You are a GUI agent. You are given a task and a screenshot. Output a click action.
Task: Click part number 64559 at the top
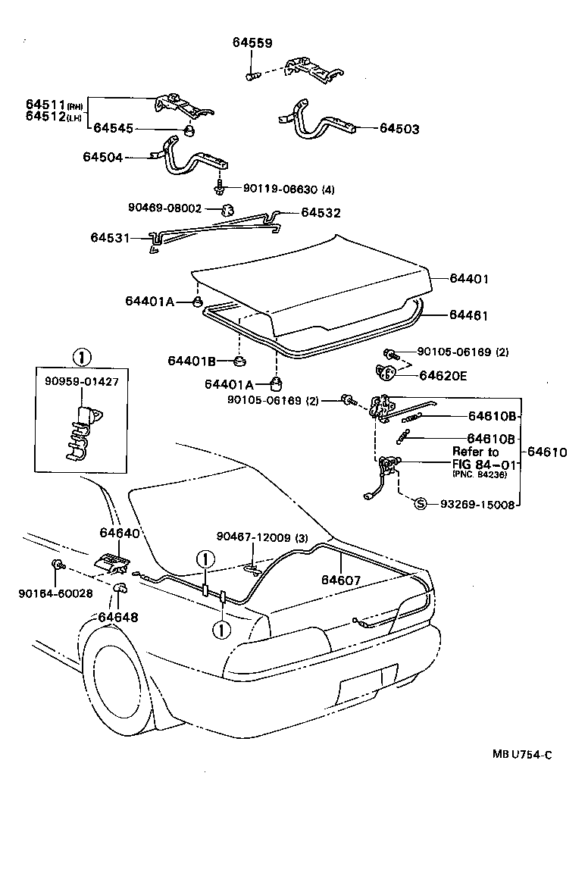(x=252, y=43)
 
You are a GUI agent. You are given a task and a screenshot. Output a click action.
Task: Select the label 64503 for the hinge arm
(x=399, y=130)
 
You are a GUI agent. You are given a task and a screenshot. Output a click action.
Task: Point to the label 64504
(x=102, y=157)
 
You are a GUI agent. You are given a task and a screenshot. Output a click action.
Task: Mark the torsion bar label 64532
(x=321, y=213)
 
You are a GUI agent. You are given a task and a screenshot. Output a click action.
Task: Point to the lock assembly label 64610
(x=547, y=452)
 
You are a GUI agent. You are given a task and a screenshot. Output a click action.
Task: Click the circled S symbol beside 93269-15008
(x=421, y=504)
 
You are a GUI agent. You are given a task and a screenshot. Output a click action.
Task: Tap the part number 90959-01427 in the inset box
(x=80, y=381)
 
